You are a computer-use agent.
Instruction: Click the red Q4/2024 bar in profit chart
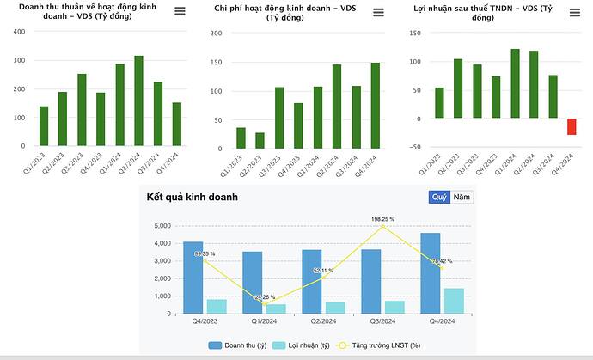point(572,126)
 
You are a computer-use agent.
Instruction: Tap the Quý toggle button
point(439,197)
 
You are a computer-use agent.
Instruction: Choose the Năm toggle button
point(462,197)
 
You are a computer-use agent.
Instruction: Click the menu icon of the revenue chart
point(179,11)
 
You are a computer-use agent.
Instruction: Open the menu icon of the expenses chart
point(376,11)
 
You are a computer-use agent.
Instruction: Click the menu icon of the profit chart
point(574,11)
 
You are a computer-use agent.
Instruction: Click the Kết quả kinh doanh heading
point(192,197)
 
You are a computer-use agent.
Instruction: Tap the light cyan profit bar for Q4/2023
point(217,306)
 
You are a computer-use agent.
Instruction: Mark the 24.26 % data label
point(264,297)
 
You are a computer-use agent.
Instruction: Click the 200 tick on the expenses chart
point(216,34)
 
